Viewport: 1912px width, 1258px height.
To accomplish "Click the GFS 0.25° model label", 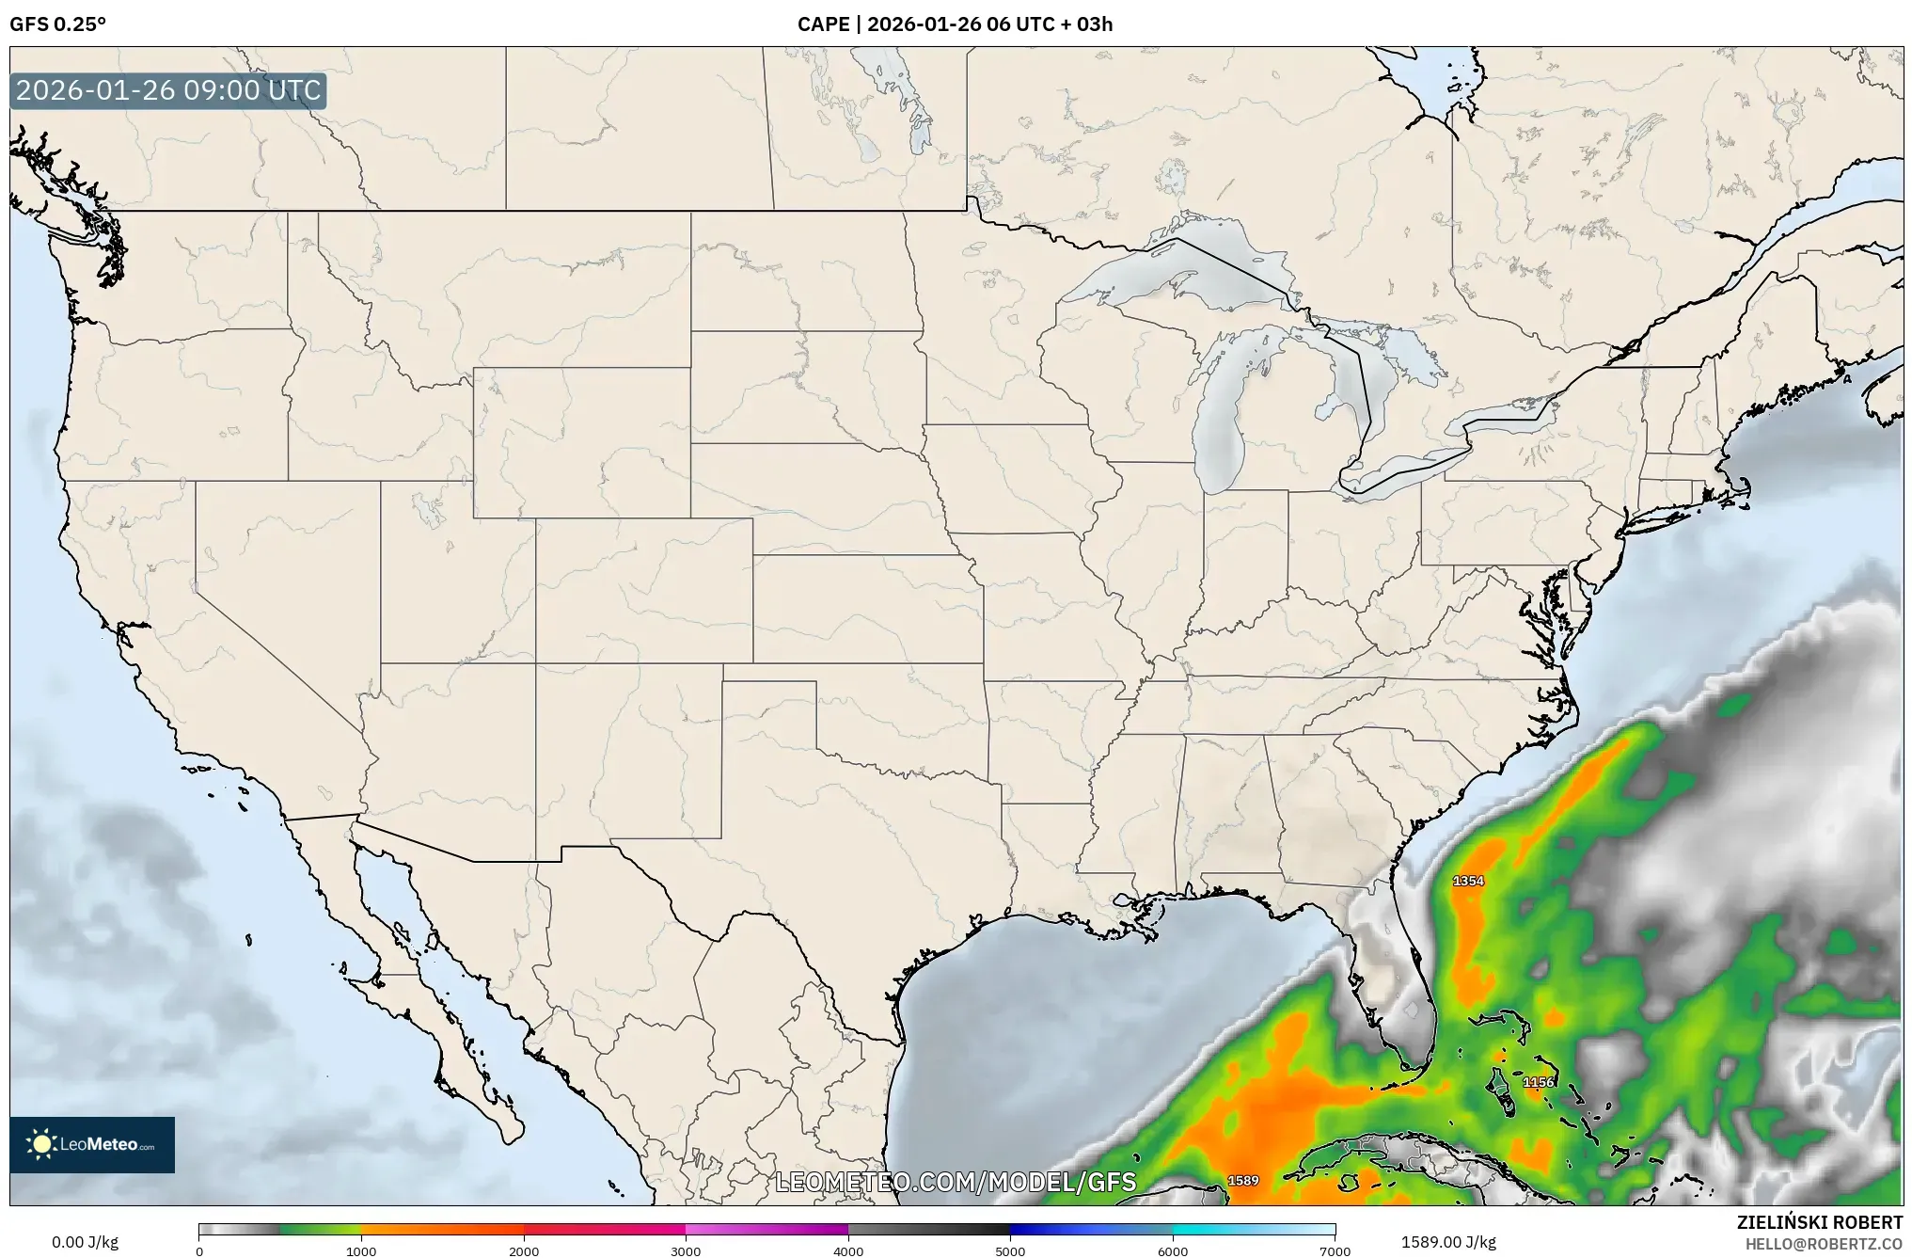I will (57, 24).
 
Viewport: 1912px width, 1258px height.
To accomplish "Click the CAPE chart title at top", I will (955, 24).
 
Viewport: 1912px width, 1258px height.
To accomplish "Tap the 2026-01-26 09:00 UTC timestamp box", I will (168, 90).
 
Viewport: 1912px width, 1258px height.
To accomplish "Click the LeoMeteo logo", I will (92, 1144).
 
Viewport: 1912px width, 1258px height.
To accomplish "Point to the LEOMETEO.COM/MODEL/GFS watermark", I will (956, 1182).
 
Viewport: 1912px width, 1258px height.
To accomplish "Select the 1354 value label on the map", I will (1468, 881).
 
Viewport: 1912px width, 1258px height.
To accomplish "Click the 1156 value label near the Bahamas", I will (1539, 1082).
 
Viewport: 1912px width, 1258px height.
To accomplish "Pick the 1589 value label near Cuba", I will (1243, 1180).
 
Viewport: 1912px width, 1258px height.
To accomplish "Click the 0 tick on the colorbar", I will (199, 1251).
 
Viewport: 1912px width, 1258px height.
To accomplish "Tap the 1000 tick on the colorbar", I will (361, 1251).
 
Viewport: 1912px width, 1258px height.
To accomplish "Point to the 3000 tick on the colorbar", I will (686, 1251).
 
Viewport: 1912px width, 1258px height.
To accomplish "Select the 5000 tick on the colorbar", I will (1010, 1251).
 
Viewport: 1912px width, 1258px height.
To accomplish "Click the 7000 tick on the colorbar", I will (1335, 1251).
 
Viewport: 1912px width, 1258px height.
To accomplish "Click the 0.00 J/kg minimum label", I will (85, 1242).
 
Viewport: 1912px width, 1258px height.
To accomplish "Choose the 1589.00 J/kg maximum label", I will (1448, 1242).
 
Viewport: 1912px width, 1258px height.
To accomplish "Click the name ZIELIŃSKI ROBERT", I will (1819, 1222).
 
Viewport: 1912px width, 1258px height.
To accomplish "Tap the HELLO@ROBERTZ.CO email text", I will (1824, 1244).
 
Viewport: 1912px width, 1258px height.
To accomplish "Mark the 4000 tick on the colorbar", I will (848, 1251).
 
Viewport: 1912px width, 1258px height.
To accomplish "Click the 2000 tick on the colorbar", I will (524, 1251).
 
